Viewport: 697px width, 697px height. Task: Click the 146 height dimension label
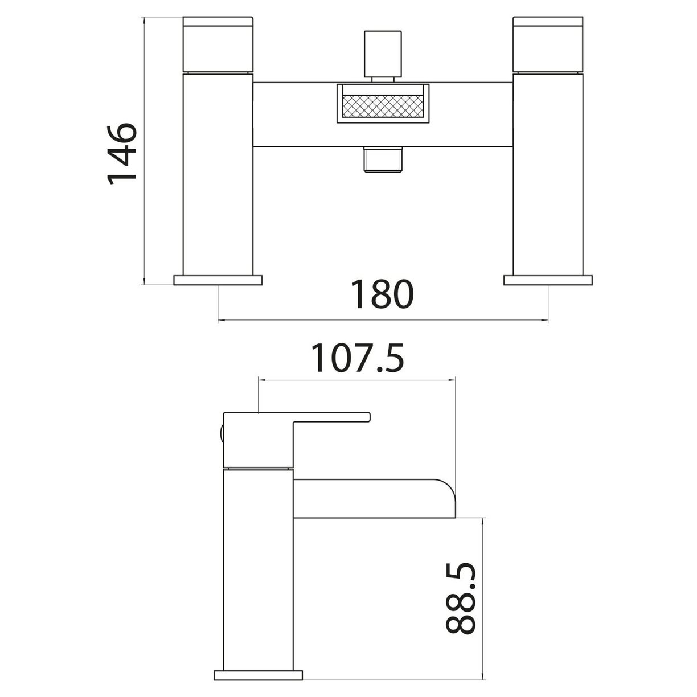pos(122,151)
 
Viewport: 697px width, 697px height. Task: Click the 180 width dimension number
pos(381,294)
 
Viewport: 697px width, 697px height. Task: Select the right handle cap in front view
pos(548,44)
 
